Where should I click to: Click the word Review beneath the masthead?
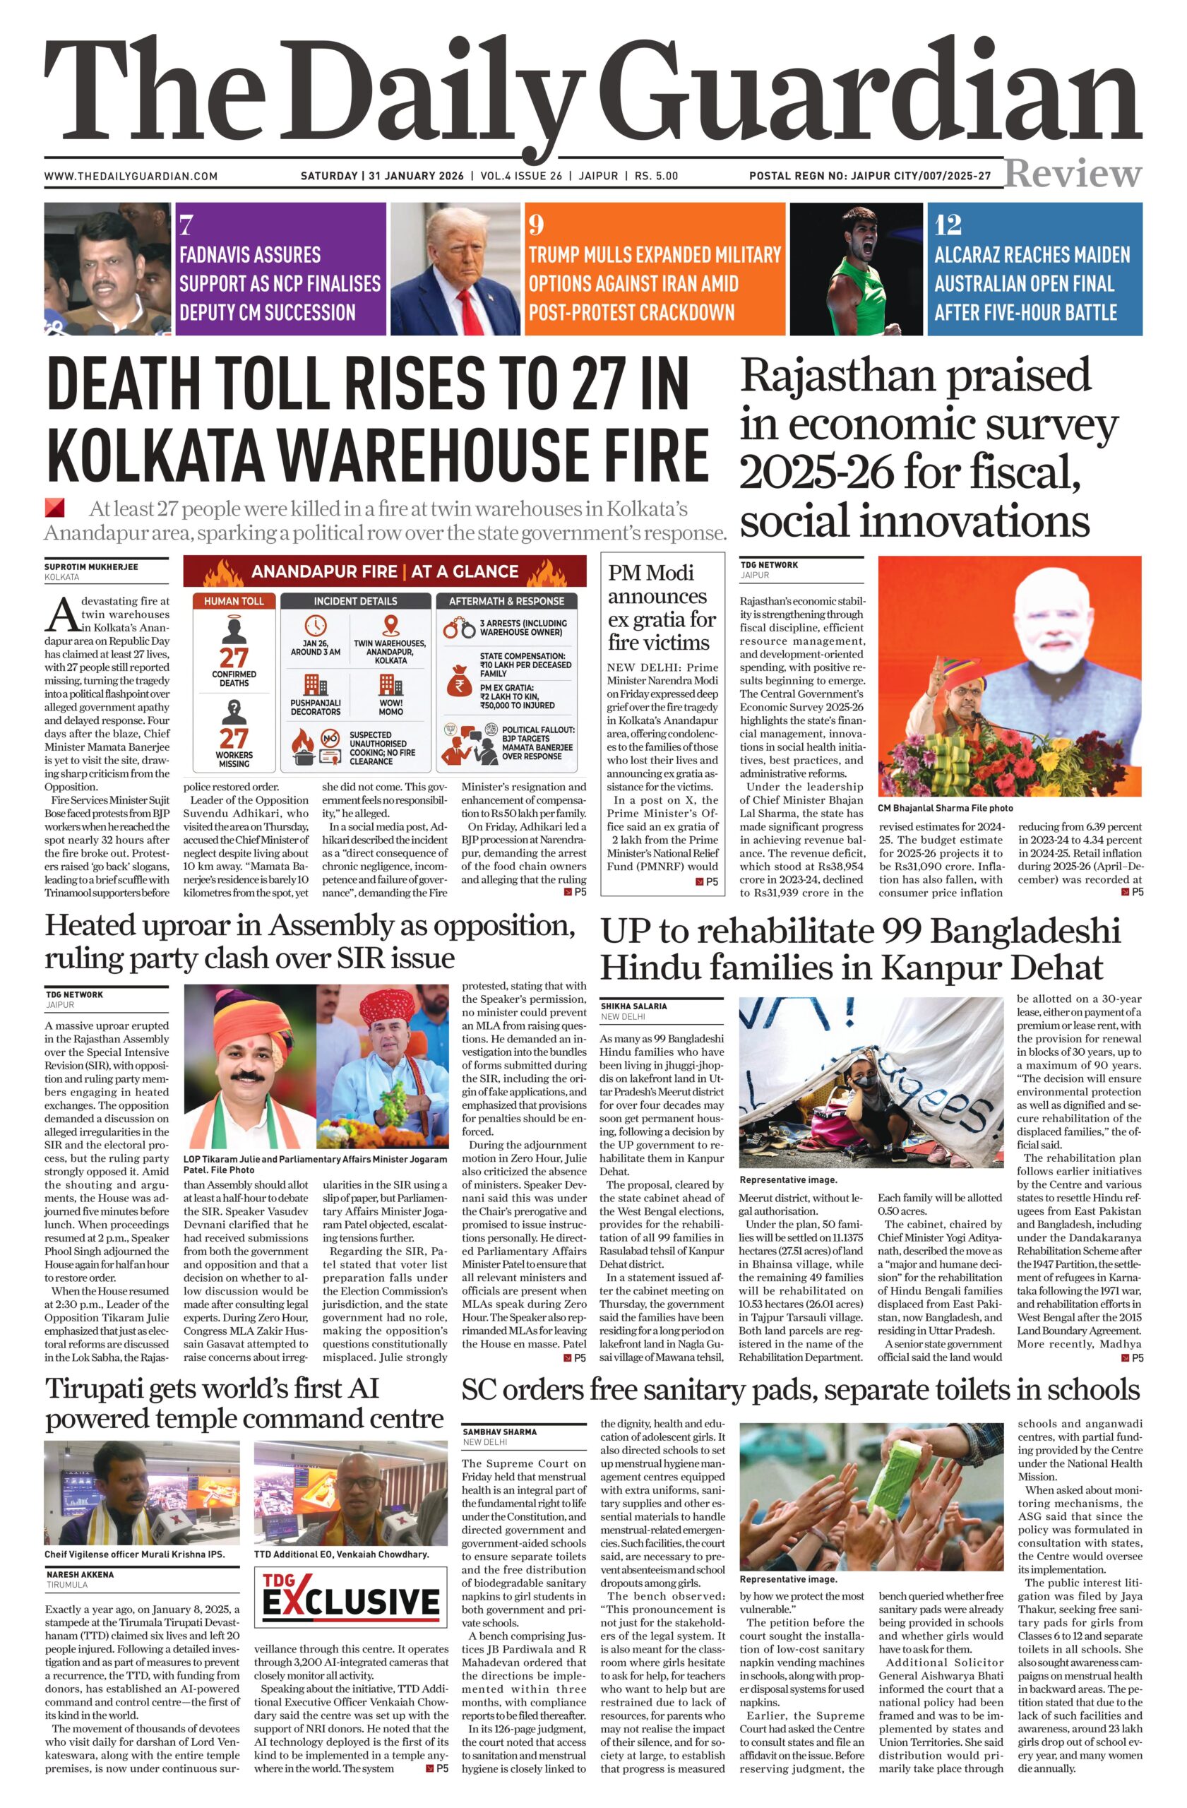(1073, 174)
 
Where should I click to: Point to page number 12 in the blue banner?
(948, 225)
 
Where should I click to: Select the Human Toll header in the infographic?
(233, 601)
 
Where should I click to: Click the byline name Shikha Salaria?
(633, 1006)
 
